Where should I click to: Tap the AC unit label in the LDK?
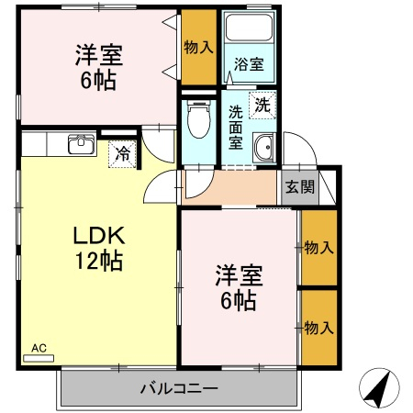point(39,349)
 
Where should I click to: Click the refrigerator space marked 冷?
point(121,153)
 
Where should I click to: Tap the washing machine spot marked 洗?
point(263,105)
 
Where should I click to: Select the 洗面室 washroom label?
point(236,126)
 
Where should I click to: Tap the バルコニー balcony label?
point(179,388)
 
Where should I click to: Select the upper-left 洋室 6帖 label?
point(96,68)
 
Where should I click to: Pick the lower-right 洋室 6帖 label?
point(236,286)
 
